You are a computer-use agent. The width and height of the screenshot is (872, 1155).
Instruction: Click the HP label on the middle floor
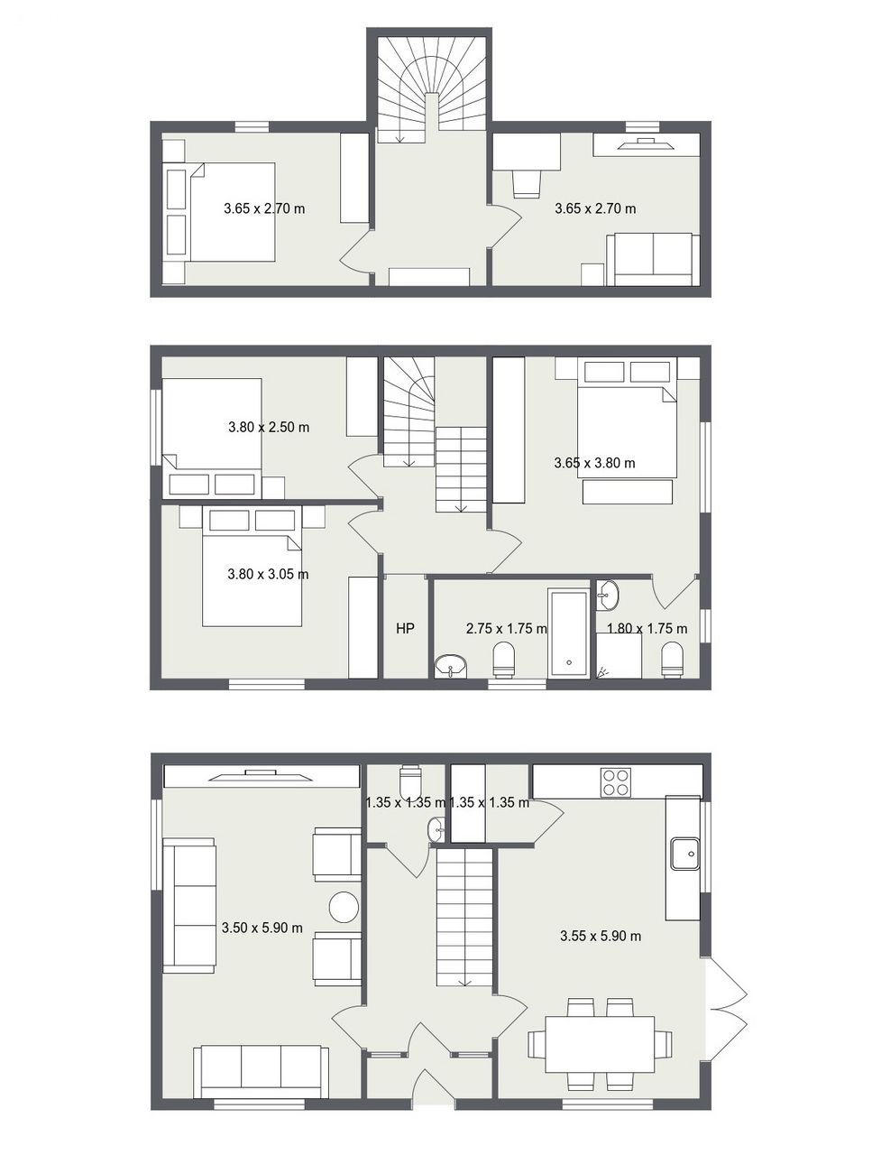(405, 628)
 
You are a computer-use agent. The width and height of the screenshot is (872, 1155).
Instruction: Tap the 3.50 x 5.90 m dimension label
(262, 927)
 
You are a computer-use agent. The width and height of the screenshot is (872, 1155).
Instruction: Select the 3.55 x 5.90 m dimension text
(601, 936)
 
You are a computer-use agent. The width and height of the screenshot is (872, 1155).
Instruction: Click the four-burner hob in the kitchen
(616, 782)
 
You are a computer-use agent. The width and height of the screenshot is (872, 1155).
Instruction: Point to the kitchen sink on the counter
(684, 853)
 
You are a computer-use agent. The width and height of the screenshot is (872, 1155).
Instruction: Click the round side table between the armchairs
(344, 907)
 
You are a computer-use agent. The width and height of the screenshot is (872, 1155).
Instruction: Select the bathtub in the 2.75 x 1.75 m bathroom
(568, 633)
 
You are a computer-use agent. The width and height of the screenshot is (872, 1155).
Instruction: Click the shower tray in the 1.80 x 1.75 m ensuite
(619, 656)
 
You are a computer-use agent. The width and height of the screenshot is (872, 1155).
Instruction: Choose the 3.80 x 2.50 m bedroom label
(269, 427)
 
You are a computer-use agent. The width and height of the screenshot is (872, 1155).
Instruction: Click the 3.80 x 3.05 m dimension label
(268, 574)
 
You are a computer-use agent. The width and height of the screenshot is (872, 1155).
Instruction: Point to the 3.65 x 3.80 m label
(594, 463)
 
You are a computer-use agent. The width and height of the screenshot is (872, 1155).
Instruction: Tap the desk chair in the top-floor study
(527, 184)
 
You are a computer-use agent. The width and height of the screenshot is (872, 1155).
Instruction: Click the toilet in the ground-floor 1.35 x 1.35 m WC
(410, 781)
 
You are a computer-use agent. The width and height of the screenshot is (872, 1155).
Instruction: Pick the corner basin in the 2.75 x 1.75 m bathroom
(451, 665)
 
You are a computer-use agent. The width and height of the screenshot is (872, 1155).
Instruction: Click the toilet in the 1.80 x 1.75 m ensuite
(673, 660)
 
